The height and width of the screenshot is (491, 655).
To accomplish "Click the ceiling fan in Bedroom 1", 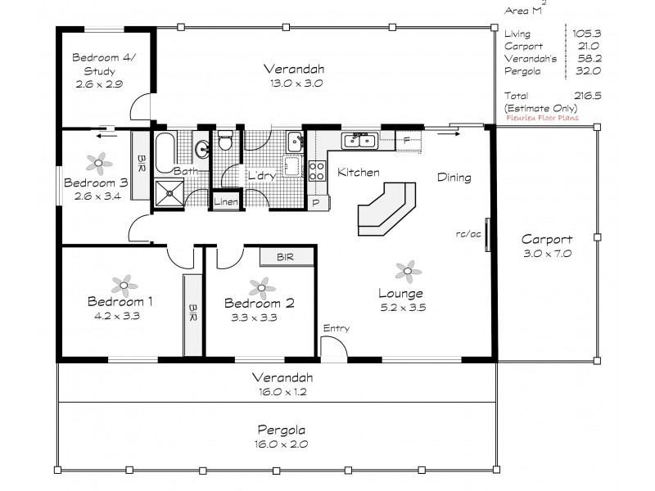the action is pyautogui.click(x=124, y=286).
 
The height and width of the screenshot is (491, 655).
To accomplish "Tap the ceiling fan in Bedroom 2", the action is pyautogui.click(x=262, y=288).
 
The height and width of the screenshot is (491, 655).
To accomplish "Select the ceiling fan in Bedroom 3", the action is pyautogui.click(x=99, y=163).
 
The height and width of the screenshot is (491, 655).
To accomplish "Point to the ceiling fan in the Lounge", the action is pyautogui.click(x=408, y=272).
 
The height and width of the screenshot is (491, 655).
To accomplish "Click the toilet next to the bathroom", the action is pyautogui.click(x=226, y=140).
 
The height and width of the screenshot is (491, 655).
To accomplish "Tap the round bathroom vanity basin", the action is pyautogui.click(x=203, y=148).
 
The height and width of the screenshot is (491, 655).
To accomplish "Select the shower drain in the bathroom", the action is pyautogui.click(x=169, y=193).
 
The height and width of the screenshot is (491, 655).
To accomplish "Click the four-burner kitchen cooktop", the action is pyautogui.click(x=317, y=171).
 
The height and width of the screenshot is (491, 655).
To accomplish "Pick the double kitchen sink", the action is pyautogui.click(x=359, y=141).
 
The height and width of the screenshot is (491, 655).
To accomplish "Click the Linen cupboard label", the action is pyautogui.click(x=226, y=201).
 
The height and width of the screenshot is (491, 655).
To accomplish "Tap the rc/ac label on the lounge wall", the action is pyautogui.click(x=468, y=234).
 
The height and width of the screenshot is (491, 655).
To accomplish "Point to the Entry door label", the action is pyautogui.click(x=337, y=328).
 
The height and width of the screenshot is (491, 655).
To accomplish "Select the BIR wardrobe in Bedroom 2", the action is pyautogui.click(x=287, y=257).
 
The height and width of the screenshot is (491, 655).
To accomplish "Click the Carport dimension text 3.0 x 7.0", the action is pyautogui.click(x=548, y=254).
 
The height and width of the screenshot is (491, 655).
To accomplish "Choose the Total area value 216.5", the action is pyautogui.click(x=588, y=96).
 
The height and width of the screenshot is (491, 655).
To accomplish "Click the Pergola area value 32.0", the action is pyautogui.click(x=588, y=71).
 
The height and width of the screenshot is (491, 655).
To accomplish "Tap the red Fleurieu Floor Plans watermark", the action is pyautogui.click(x=542, y=118).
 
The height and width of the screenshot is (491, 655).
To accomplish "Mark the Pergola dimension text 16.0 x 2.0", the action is pyautogui.click(x=282, y=444).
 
